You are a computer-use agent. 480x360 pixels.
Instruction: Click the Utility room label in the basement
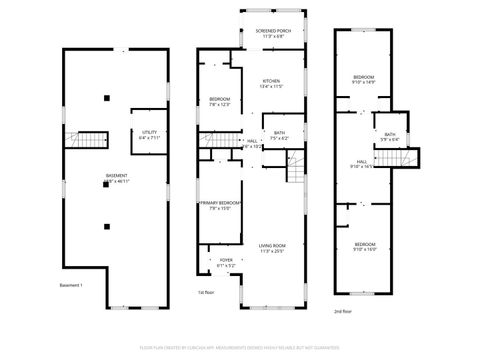(149, 133)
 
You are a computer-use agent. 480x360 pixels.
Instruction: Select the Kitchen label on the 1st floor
(272, 83)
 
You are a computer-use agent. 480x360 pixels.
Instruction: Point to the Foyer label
(225, 263)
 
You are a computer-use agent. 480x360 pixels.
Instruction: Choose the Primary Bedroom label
(221, 206)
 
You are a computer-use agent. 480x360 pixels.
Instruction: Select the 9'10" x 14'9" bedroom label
(364, 80)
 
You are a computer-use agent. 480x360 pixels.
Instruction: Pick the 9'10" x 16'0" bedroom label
(364, 246)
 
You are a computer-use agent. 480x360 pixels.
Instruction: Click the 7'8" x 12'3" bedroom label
(220, 102)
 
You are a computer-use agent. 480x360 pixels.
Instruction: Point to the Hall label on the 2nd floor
(362, 164)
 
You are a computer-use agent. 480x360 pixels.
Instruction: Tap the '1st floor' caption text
(205, 292)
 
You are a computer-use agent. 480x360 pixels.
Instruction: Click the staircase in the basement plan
(93, 140)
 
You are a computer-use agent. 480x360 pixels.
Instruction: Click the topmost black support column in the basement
(107, 97)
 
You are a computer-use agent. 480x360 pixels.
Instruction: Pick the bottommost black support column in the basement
(107, 225)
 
